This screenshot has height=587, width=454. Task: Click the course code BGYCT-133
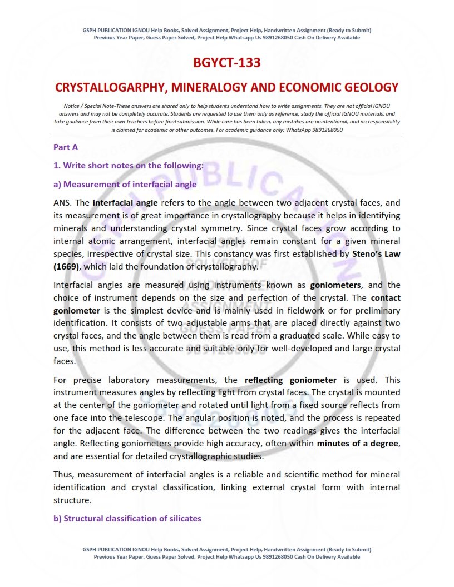click(226, 63)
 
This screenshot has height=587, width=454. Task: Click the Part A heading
click(66, 147)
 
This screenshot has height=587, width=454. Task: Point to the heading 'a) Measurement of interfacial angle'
click(125, 184)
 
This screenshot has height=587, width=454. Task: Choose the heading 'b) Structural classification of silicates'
click(127, 519)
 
